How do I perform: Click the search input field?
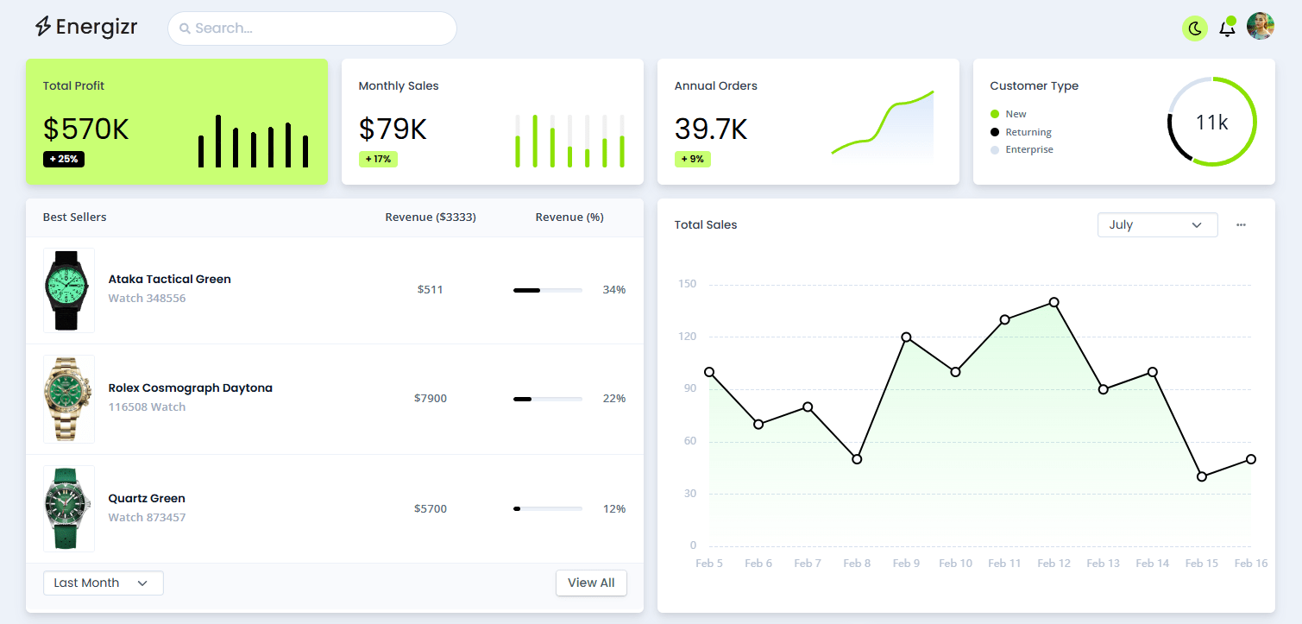coord(311,28)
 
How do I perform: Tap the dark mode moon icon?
coord(1195,28)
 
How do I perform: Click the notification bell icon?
coord(1226,28)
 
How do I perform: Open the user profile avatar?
coord(1260,27)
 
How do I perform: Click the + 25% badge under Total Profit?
coord(64,159)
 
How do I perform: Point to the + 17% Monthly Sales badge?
coord(378,159)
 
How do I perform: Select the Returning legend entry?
coord(1028,132)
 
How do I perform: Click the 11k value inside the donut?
coord(1211,123)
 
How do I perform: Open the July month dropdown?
coord(1157,224)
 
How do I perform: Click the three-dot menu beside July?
coord(1241,224)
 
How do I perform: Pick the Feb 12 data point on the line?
coord(1054,302)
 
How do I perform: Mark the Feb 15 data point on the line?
coord(1202,476)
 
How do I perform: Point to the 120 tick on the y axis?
coord(687,337)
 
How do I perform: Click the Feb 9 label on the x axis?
coord(906,564)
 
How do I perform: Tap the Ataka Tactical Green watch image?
coord(69,290)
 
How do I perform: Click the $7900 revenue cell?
coord(430,398)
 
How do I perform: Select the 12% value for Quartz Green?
coord(613,508)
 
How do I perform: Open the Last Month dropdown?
coord(103,583)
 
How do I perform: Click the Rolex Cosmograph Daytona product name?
coord(190,388)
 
